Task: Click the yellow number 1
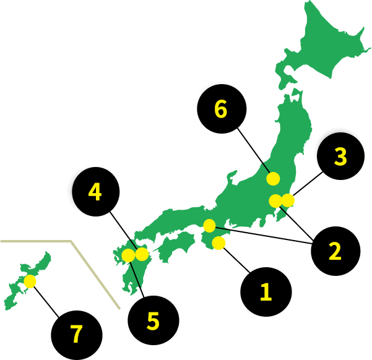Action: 266,292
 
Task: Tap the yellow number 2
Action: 335,252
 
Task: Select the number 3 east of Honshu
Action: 340,157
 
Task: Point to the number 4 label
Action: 95,192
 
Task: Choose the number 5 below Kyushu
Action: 153,322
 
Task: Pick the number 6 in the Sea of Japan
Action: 220,109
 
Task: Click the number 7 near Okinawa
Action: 76,335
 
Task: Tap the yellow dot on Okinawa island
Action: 30,281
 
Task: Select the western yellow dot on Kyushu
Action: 128,255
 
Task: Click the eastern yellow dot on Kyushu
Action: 142,254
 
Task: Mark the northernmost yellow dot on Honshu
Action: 273,179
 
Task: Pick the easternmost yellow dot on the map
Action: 288,200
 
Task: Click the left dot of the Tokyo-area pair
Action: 275,201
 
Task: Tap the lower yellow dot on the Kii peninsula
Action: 218,243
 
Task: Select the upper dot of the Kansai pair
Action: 209,226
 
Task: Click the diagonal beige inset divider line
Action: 96,276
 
